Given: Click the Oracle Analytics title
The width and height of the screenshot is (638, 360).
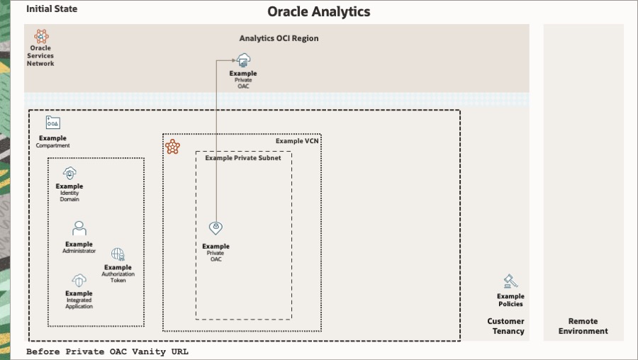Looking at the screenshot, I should click(319, 12).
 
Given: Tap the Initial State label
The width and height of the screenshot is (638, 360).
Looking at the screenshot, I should click(52, 9).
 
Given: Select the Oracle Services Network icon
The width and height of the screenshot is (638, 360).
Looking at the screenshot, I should click(41, 36).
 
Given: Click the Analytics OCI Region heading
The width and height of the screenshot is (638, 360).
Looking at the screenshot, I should click(279, 38).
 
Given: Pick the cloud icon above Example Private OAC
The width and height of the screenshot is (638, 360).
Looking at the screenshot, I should click(243, 61).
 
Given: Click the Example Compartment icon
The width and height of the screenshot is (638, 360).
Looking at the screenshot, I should click(53, 123).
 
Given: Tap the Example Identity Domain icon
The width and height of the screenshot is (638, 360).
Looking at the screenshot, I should click(69, 172).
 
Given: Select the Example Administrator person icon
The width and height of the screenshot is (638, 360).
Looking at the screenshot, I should click(79, 229).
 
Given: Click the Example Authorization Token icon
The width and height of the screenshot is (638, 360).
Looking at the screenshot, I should click(118, 254).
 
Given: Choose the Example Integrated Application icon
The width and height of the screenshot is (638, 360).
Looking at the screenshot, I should click(79, 280).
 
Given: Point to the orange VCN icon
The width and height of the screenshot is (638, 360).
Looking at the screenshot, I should click(172, 147).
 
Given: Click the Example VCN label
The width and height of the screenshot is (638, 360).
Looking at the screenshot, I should click(298, 142).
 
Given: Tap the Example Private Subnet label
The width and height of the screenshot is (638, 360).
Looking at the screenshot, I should click(243, 158).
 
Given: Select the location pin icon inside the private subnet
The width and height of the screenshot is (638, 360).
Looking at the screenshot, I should click(216, 228).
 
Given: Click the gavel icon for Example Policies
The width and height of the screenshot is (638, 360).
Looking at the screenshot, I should click(510, 281).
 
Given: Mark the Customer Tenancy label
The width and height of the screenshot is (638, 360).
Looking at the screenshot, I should click(505, 326).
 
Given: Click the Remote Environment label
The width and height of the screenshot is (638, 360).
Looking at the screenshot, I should click(583, 326).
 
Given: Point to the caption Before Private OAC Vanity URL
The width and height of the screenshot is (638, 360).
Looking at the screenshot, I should click(108, 351).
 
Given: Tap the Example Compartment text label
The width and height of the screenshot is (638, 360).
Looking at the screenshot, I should click(53, 142).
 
